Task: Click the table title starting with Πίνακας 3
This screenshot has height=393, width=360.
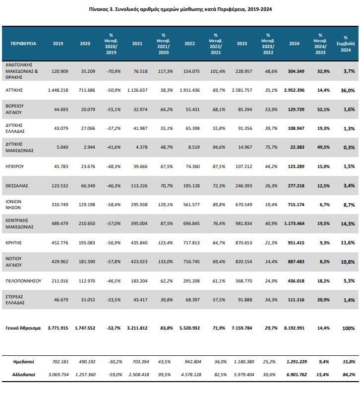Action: pos(180,9)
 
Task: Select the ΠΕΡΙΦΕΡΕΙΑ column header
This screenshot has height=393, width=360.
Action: pos(23,44)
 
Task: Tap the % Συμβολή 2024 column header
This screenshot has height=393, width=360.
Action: pos(346,44)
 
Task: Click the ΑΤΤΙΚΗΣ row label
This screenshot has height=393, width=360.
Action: pos(14,90)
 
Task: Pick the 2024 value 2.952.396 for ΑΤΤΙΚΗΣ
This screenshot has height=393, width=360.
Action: pos(295,90)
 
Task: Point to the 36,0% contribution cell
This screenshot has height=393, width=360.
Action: pos(348,90)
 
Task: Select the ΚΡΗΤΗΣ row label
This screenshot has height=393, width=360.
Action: pos(13,243)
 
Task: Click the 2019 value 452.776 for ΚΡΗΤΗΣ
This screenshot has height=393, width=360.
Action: pos(60,243)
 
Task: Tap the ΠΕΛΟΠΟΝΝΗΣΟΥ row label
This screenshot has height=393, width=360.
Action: pos(23,281)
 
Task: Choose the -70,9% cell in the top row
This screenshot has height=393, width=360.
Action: pos(114,71)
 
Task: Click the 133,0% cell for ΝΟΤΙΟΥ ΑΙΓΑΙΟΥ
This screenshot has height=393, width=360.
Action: pos(166,261)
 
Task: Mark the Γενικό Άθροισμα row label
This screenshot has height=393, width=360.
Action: pos(23,328)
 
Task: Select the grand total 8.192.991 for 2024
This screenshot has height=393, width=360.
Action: pos(295,328)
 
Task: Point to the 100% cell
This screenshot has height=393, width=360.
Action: pos(349,328)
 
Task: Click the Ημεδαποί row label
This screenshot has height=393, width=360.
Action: pos(24,362)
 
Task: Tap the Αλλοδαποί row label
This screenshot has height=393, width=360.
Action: pos(24,375)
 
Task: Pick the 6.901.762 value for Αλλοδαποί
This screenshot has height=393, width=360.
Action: pos(297,375)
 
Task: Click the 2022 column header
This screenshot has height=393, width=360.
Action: pos(189,44)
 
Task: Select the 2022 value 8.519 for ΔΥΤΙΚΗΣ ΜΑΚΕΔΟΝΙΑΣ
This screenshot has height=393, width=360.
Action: pos(194,147)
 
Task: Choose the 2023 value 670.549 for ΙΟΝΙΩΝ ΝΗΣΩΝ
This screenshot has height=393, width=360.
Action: pos(243,205)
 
